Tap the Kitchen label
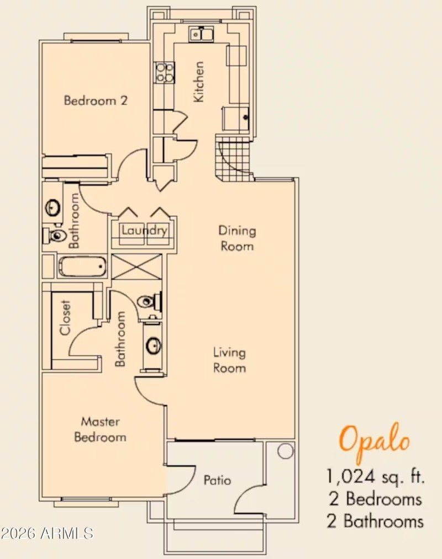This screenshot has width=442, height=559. point(198,81)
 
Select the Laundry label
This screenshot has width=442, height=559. point(144,230)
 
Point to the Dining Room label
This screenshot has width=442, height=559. point(237,238)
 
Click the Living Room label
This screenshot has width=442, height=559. point(230,360)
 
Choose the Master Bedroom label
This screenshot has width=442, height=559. point(100,429)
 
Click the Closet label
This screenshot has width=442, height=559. point(66,318)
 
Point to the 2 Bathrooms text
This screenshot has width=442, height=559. point(375,520)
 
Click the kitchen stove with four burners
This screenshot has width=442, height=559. point(164,72)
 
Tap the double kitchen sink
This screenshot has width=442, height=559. point(201,34)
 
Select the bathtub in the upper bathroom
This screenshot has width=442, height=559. point(82,268)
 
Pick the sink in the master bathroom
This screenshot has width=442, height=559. point(153,346)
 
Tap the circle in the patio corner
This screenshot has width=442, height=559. point(285,451)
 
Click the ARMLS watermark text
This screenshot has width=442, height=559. point(47,533)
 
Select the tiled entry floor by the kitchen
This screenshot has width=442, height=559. point(232,157)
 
